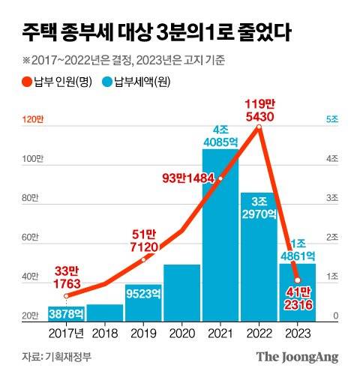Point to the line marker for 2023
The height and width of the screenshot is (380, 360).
coord(297,280)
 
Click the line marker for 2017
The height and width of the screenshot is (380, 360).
coord(66,297)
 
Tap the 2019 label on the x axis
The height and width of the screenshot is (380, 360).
coord(142,332)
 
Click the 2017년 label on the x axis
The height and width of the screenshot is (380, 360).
coord(66,332)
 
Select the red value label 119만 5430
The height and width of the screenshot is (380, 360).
coord(258,110)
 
